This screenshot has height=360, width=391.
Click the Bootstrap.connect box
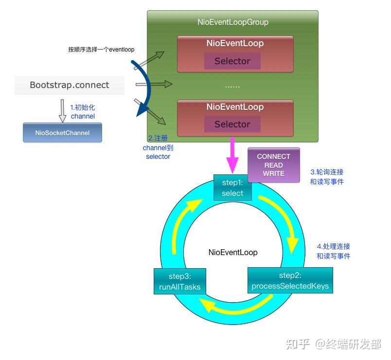coord(70,85)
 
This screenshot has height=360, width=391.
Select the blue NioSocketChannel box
coord(62,133)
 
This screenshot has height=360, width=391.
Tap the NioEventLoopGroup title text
coord(233,22)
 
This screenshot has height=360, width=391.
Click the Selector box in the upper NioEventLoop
coord(232,61)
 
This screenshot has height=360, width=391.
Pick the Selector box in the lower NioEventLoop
coord(232,124)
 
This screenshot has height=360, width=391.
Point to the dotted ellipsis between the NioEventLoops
coord(232,86)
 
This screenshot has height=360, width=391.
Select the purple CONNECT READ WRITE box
coord(273,165)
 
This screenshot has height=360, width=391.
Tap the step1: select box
coord(232,189)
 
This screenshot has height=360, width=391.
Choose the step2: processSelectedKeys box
coord(290,281)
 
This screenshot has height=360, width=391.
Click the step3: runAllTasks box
coord(179,282)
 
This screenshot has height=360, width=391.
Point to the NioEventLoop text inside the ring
coord(233,252)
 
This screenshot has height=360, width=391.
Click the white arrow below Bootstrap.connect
coord(62,110)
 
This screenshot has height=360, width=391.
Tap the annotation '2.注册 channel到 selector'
coord(158,147)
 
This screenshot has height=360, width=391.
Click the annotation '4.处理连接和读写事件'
coord(333,251)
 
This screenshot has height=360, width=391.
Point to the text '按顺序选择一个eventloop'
coord(101,50)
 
